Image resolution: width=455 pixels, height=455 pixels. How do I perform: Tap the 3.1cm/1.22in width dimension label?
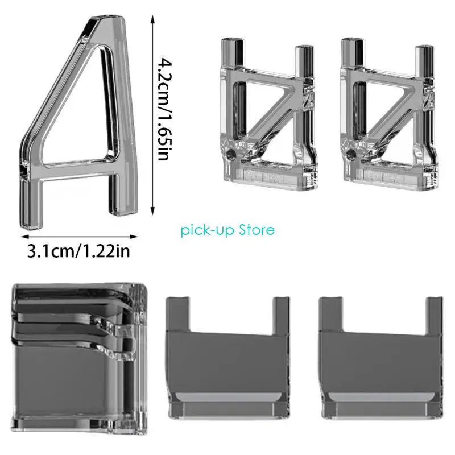(78, 251)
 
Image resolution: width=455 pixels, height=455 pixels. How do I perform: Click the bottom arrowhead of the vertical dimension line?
(152, 212)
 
